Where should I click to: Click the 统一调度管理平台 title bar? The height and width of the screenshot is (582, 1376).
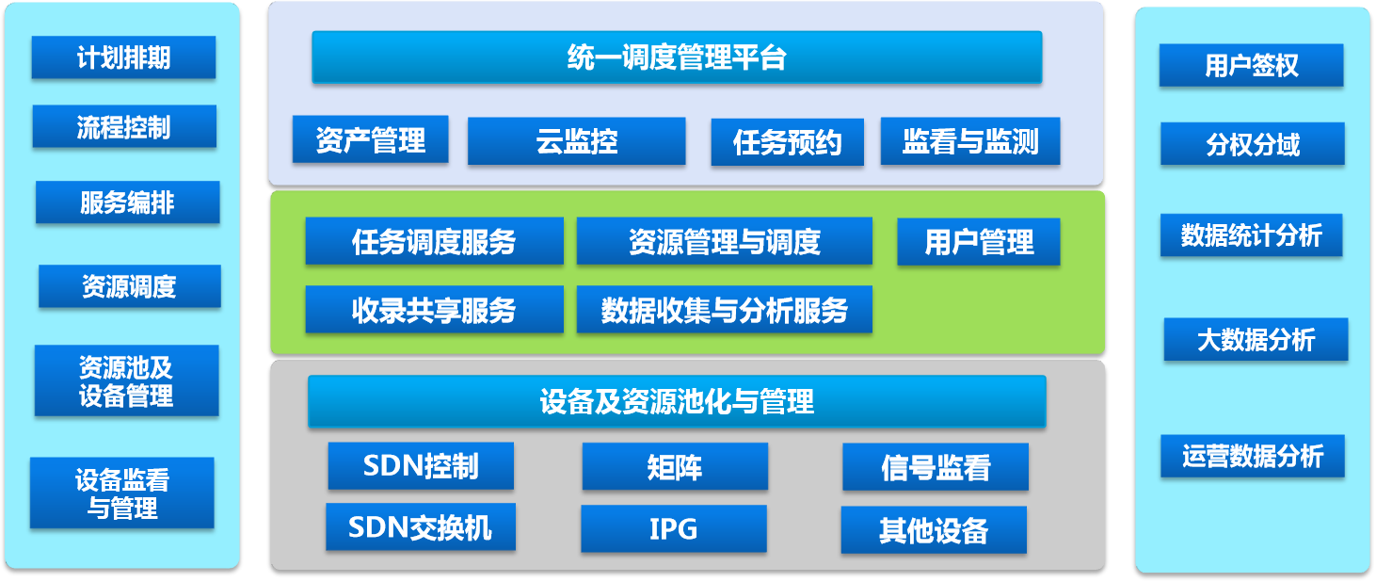(x=677, y=57)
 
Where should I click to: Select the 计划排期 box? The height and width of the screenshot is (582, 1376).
(x=123, y=57)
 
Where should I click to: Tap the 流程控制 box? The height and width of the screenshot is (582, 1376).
(x=124, y=126)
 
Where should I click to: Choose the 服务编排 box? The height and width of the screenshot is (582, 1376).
(x=128, y=202)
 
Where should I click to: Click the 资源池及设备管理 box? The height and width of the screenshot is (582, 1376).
(x=126, y=381)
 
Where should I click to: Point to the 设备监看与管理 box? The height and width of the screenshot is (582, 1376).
(x=122, y=493)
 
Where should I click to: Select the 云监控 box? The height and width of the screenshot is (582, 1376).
(x=576, y=140)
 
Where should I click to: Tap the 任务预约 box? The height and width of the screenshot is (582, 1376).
(x=787, y=142)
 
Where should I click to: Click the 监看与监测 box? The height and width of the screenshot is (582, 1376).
(x=970, y=141)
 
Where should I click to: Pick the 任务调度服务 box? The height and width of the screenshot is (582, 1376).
(x=434, y=241)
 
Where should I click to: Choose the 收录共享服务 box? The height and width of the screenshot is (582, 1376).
(x=434, y=309)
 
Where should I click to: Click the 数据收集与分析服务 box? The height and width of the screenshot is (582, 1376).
(x=725, y=309)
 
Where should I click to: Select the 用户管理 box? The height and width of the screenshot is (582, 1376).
(x=979, y=241)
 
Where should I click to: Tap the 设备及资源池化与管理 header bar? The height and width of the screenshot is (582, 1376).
(x=677, y=401)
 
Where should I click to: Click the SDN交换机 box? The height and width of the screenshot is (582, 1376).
(x=421, y=527)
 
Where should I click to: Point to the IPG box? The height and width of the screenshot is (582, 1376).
(x=674, y=528)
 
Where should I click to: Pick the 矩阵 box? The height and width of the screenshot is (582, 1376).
(x=675, y=466)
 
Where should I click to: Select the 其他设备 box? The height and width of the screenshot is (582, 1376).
(x=934, y=530)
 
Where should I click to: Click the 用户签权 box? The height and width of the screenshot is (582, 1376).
(x=1252, y=65)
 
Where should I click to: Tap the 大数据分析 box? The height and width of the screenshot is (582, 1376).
(x=1256, y=339)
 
